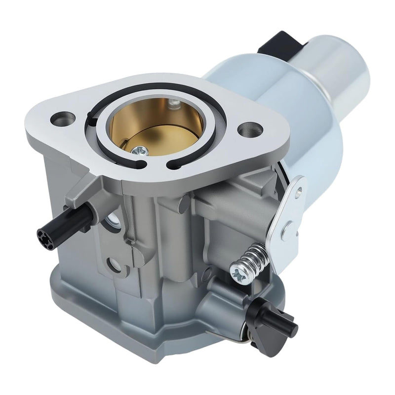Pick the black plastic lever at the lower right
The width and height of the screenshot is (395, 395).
pos(279,321)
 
